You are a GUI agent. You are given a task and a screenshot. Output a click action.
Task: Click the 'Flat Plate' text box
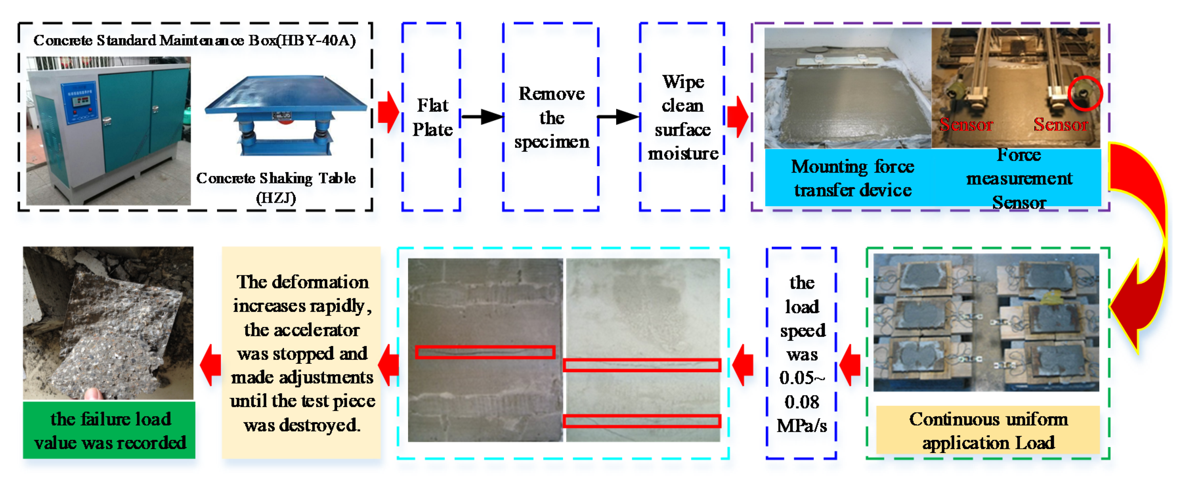tap(432, 117)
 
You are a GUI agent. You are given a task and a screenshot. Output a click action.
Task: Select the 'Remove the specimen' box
tap(551, 117)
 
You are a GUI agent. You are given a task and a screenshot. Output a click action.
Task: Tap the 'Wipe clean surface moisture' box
tap(682, 117)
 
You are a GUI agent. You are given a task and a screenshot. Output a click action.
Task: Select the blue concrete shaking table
tap(285, 115)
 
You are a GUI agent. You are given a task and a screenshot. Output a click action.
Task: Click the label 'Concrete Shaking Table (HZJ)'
tap(276, 187)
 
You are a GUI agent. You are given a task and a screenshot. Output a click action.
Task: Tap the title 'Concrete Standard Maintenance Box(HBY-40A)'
tap(195, 40)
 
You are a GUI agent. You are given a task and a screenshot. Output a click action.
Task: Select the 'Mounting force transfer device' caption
tap(852, 178)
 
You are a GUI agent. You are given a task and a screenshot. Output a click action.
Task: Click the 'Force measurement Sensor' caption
tap(1019, 178)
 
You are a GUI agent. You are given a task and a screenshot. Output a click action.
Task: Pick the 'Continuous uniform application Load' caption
tap(988, 430)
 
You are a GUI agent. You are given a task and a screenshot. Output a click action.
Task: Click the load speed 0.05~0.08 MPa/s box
tap(801, 353)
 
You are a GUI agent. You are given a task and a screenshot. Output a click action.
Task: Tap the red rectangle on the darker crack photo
tap(485, 352)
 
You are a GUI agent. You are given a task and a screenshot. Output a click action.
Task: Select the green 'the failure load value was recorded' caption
tap(109, 430)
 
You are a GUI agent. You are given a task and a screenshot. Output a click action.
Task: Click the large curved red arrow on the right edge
tap(1143, 248)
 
